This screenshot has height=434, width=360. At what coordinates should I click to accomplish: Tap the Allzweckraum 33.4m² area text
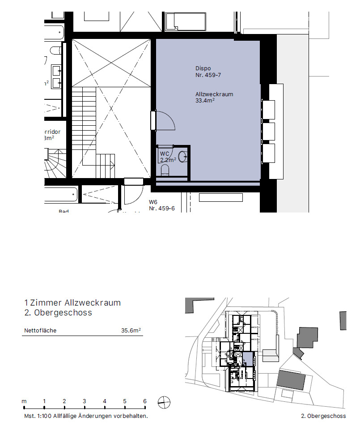[214, 98]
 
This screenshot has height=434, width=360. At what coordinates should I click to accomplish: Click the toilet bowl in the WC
[165, 170]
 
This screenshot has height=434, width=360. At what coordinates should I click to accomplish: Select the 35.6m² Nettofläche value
[131, 331]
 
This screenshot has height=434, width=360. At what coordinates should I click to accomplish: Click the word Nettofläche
[40, 331]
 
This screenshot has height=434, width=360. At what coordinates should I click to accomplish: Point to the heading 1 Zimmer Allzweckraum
[72, 303]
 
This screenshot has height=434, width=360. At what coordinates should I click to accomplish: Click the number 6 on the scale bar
[144, 401]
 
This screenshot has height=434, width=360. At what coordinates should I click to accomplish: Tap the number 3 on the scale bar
[84, 401]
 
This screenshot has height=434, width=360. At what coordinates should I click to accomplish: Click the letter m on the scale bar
[24, 401]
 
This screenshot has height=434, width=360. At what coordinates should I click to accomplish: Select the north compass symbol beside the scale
[164, 403]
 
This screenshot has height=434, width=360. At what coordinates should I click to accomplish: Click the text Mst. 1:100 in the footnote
[38, 416]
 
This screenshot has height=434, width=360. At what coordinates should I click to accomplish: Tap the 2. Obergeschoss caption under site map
[323, 416]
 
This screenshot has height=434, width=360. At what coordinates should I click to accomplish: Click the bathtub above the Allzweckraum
[182, 21]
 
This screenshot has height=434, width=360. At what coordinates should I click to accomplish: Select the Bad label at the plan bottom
[64, 211]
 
